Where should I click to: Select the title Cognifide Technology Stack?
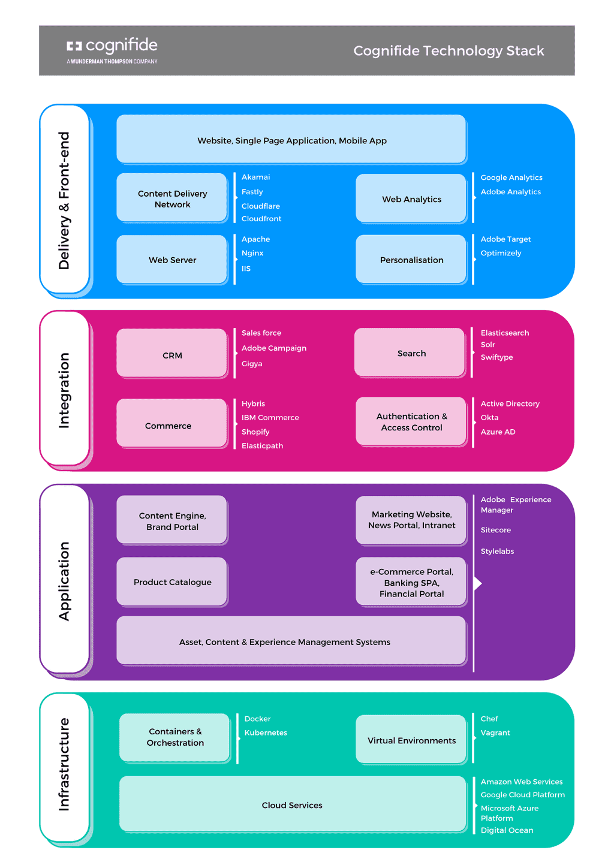click(x=449, y=51)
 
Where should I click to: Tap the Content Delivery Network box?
click(x=172, y=198)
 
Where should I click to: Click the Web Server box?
click(x=172, y=260)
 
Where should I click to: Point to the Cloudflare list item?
click(x=260, y=206)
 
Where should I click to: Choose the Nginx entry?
click(x=252, y=254)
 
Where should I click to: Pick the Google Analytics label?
click(x=511, y=177)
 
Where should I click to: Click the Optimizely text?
click(x=501, y=253)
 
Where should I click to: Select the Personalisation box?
click(x=411, y=260)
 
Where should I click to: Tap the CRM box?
click(x=172, y=355)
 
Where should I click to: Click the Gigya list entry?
click(x=252, y=364)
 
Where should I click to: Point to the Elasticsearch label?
click(x=504, y=333)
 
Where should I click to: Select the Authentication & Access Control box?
click(x=411, y=422)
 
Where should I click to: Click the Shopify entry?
click(x=255, y=432)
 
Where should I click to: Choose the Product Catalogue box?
click(x=172, y=582)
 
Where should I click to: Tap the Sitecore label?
click(x=495, y=531)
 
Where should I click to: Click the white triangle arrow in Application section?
click(x=478, y=583)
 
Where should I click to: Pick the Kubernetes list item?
click(x=266, y=733)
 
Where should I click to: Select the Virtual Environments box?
click(x=411, y=740)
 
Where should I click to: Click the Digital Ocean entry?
click(x=507, y=831)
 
